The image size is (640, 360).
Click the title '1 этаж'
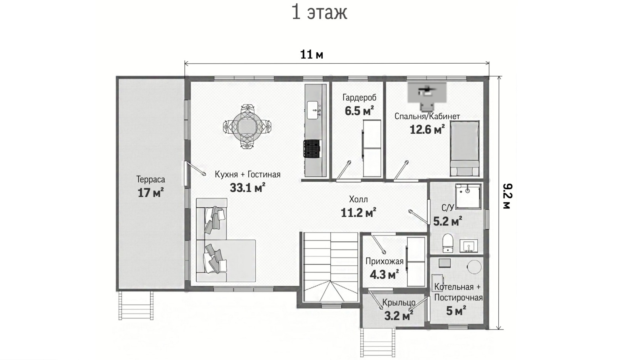[x=319, y=13]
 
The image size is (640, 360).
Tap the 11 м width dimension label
[x=312, y=54]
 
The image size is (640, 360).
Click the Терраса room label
[x=150, y=179]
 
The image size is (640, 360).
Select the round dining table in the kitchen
[x=247, y=126]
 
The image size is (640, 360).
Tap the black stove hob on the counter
[x=312, y=149]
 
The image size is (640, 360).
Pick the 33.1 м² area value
[x=248, y=188]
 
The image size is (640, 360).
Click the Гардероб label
[x=360, y=98]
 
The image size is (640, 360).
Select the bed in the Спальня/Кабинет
[x=465, y=148]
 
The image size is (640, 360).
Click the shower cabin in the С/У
[x=468, y=196]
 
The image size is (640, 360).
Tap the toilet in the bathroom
[x=448, y=243]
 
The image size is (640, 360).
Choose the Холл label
[x=358, y=199]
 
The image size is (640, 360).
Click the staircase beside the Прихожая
[x=330, y=267]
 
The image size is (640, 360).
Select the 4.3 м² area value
[x=384, y=275]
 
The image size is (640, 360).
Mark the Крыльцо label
[x=399, y=302]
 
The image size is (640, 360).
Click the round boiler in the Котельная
[x=474, y=267]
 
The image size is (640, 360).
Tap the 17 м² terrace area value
[x=150, y=193]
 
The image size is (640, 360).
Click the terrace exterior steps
[x=136, y=306]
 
